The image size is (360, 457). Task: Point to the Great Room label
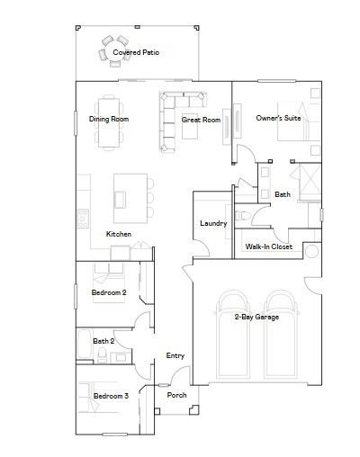[x=201, y=119]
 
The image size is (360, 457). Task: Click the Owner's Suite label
[x=275, y=118]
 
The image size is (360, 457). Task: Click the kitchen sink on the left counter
[x=82, y=216]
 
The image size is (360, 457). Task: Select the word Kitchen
[x=119, y=235]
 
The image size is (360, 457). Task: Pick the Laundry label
[x=212, y=223]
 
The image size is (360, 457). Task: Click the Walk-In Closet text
[x=268, y=246]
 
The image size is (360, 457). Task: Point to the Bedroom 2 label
[x=109, y=293]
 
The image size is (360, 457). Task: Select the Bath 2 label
[x=103, y=342]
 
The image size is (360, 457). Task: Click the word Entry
[x=175, y=356]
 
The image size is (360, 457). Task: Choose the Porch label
[x=177, y=394]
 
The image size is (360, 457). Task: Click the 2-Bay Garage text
[x=256, y=317]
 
